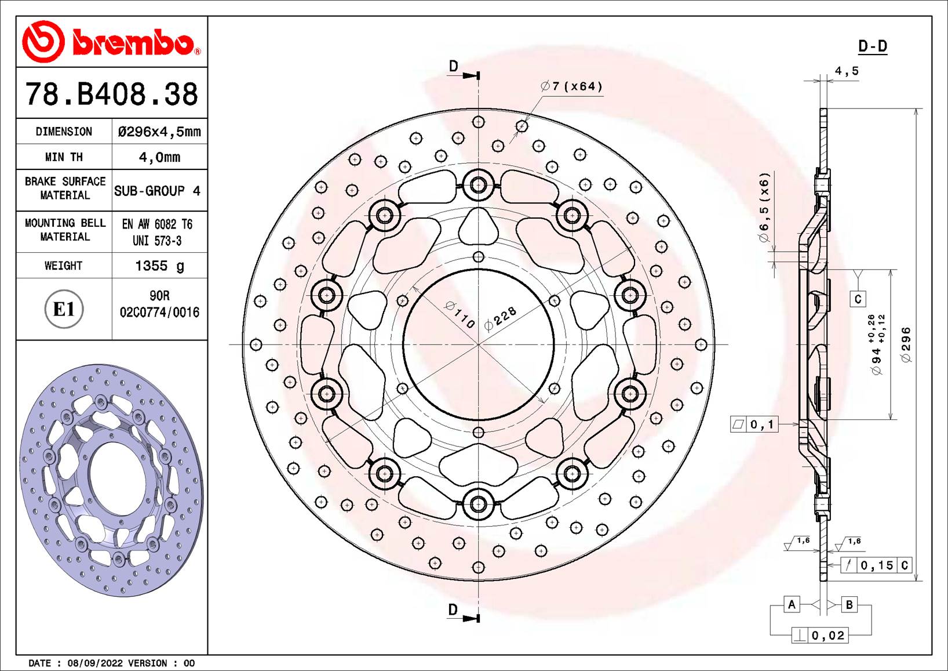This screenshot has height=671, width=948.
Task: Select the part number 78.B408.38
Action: coord(111,94)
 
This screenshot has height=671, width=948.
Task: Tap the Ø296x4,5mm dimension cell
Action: coord(159,132)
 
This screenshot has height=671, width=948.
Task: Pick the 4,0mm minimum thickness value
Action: coord(159,157)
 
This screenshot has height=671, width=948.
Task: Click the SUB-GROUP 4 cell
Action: coord(157,191)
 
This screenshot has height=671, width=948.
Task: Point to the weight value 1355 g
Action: coord(159,266)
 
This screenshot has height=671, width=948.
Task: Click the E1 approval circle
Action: coord(64,309)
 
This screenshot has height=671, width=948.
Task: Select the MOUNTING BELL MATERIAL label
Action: coord(65,230)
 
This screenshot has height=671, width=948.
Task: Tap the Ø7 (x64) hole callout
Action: coord(571,86)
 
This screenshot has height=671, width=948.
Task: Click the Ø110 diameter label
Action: coord(461,315)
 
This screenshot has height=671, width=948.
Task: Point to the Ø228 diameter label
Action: coord(500,318)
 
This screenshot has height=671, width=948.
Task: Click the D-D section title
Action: coord(872,46)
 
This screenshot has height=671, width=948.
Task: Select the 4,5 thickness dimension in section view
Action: coord(847,71)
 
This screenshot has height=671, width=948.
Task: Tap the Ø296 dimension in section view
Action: coord(906,345)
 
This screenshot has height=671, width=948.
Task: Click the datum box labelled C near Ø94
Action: coord(858,299)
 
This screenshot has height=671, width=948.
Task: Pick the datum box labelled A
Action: coord(792,604)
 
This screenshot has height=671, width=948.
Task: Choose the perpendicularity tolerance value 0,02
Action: coord(828,636)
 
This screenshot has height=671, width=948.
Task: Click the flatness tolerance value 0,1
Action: coord(762,425)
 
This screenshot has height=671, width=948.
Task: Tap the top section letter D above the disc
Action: coord(454,66)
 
